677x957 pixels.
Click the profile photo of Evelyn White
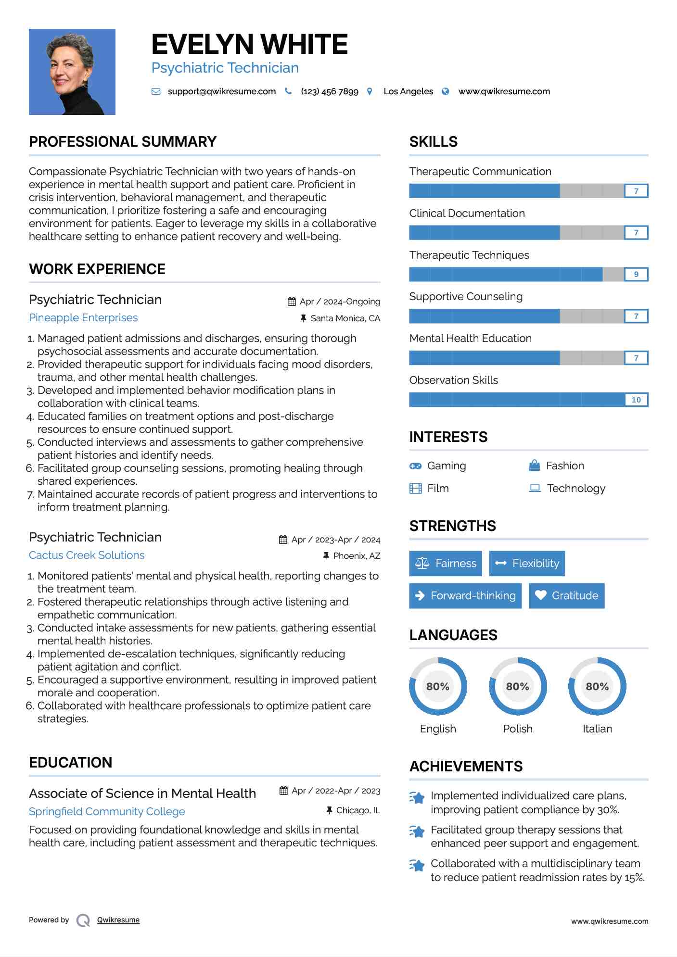point(72,72)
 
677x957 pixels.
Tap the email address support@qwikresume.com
point(221,91)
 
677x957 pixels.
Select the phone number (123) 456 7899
point(330,91)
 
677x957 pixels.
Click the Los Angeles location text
point(408,91)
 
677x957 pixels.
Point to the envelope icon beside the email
point(156,91)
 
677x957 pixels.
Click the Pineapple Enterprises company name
point(83,318)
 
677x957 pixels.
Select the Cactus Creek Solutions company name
point(87,555)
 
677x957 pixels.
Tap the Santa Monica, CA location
point(345,318)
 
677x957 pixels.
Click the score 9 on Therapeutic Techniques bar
point(636,275)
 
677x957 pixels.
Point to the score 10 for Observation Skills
point(636,400)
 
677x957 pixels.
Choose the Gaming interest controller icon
point(415,466)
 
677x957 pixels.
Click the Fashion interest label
point(565,466)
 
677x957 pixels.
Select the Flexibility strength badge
point(527,564)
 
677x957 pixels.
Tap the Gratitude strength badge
point(566,596)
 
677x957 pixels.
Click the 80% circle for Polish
point(518,687)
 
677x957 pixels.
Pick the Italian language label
point(597,729)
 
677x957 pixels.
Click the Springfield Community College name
point(107,812)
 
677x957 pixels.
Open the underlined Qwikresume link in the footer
point(118,920)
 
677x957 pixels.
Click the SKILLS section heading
point(433,142)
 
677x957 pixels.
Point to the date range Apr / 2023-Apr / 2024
point(335,540)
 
